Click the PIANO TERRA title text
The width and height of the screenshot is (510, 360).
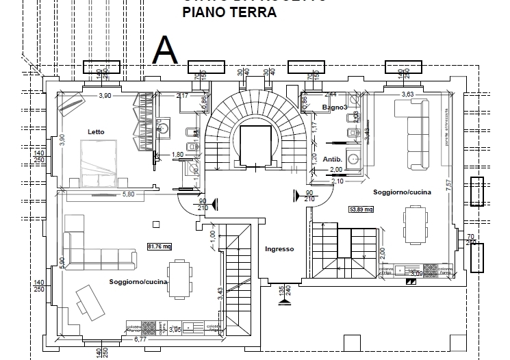pos(229,12)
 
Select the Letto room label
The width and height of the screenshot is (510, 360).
pos(96,131)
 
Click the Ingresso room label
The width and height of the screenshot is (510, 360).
pos(279,249)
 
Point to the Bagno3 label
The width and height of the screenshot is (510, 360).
pos(335,108)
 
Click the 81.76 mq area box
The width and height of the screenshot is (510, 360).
pos(159,248)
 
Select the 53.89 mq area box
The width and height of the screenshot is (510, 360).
pos(361,209)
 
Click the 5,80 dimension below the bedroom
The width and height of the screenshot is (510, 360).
pos(127,194)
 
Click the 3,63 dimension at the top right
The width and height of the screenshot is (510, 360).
pos(407,94)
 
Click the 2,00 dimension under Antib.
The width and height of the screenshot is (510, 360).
pos(335,169)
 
